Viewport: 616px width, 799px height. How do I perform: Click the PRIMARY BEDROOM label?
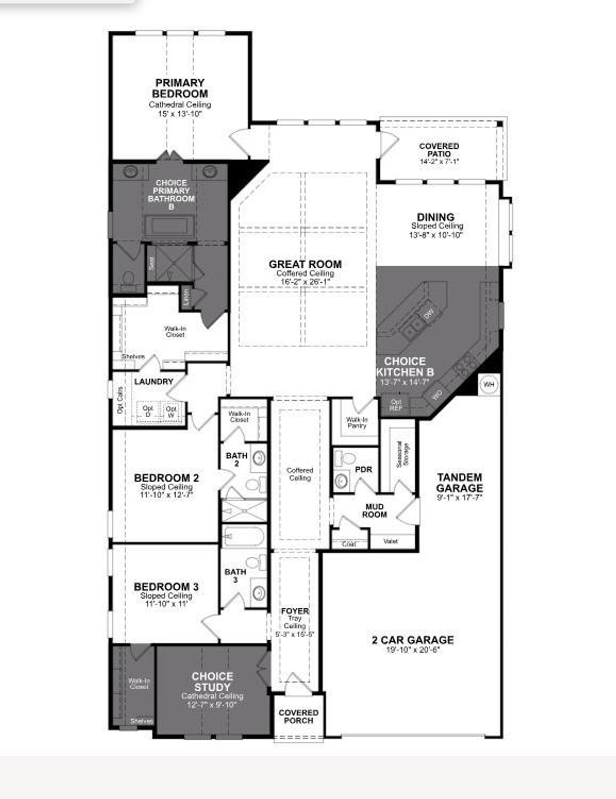tap(180, 88)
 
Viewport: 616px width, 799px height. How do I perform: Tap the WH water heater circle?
tap(489, 385)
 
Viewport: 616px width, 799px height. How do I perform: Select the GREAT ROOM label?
tap(305, 264)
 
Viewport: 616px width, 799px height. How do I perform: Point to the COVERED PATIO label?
tap(439, 150)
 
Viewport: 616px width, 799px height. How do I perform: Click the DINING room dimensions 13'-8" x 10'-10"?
tap(436, 235)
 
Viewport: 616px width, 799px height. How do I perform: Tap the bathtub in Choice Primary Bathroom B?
tap(170, 226)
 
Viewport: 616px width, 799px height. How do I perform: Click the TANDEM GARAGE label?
tap(460, 482)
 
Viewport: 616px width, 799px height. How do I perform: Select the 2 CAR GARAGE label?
tap(412, 640)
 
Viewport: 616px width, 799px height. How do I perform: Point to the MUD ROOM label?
tap(374, 511)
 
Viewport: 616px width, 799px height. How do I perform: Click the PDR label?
tap(363, 469)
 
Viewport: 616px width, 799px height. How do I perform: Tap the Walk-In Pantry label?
tap(357, 423)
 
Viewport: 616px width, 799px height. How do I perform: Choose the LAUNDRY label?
tap(154, 381)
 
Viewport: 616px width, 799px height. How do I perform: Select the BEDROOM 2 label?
tap(166, 478)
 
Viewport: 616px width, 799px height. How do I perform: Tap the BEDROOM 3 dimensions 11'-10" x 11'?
tap(166, 604)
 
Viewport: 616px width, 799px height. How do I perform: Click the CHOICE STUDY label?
tap(212, 682)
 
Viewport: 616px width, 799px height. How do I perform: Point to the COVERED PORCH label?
tap(298, 716)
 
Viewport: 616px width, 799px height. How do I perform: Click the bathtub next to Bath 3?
tap(244, 536)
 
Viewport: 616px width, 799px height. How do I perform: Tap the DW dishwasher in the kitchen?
tap(428, 314)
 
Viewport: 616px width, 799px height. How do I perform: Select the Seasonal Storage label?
tap(402, 453)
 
